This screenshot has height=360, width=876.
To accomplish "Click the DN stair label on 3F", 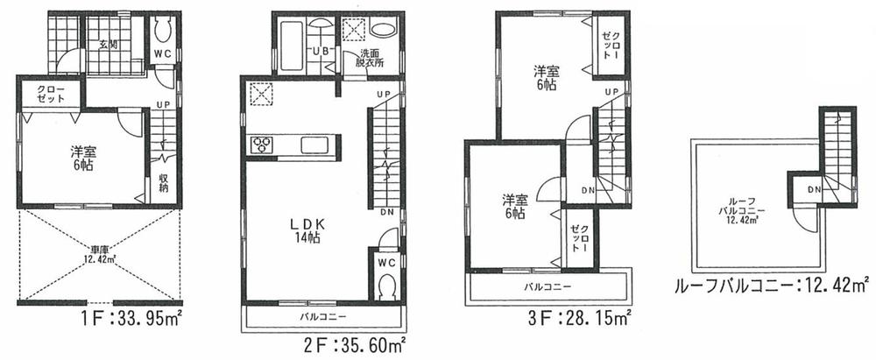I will (588, 190).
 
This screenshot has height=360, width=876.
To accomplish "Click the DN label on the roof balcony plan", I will (814, 188).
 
